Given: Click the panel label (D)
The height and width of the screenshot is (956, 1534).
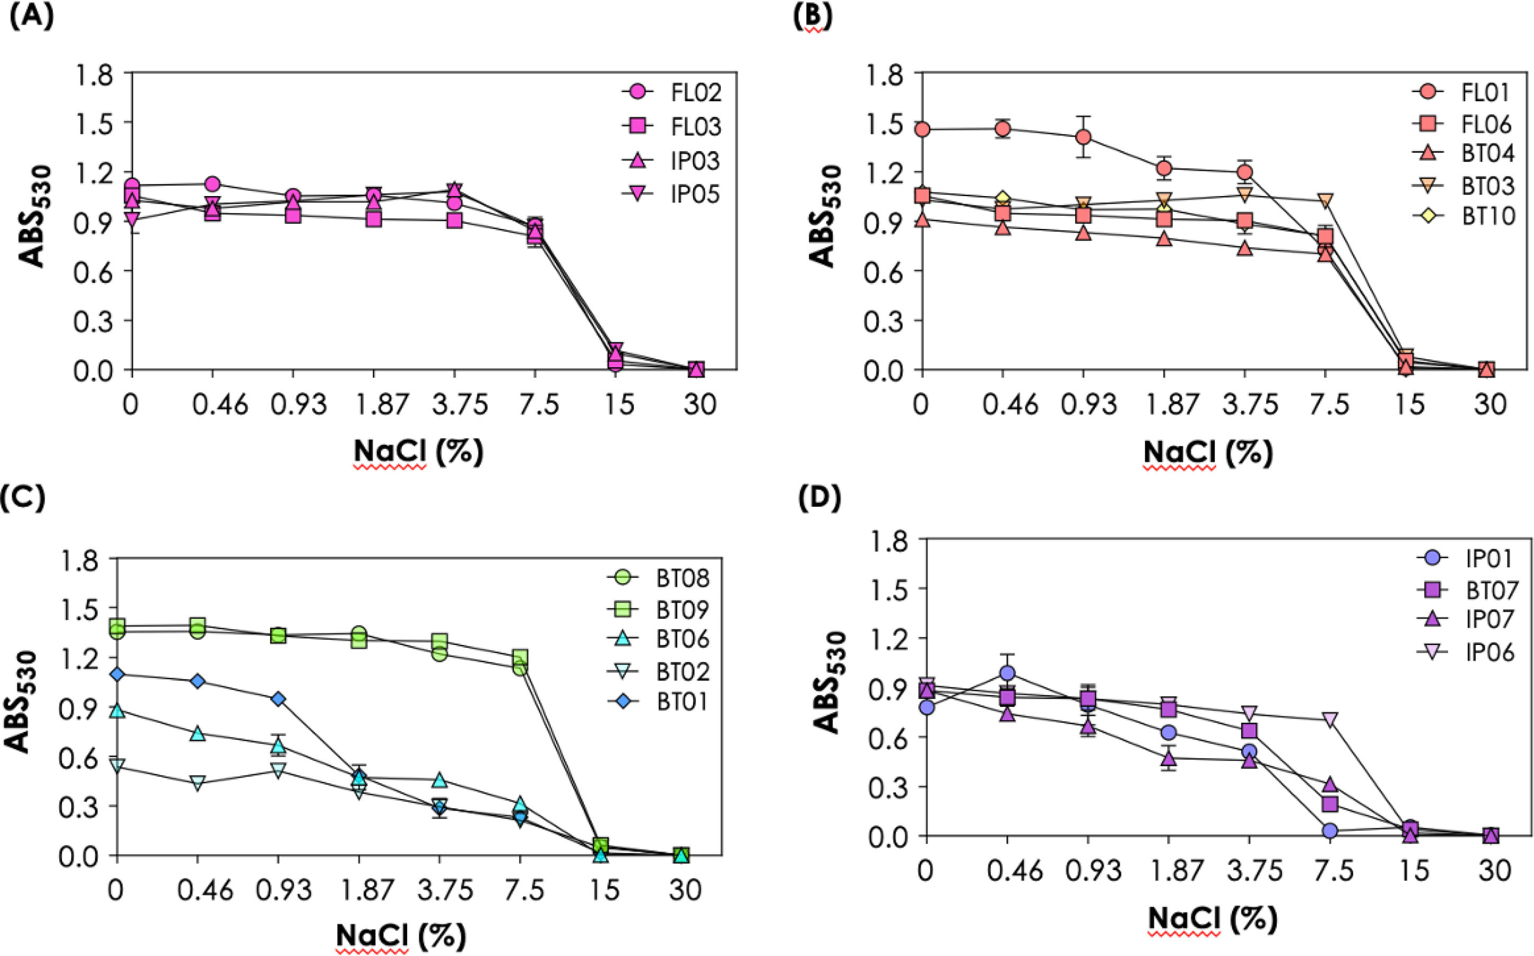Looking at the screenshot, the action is (x=820, y=499).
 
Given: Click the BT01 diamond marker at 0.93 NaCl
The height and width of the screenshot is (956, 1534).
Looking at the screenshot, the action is (x=278, y=698).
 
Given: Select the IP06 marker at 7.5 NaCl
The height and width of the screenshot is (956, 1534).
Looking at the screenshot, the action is (x=1330, y=720).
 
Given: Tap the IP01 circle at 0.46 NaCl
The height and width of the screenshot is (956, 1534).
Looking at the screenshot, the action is (x=1007, y=672).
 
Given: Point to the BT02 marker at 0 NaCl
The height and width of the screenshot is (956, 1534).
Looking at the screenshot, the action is (x=117, y=766).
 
